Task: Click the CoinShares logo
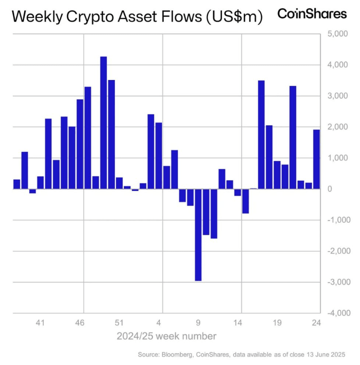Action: coord(312,14)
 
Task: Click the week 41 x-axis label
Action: coord(40,322)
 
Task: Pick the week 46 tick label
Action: coord(80,322)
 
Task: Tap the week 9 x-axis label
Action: coord(198,322)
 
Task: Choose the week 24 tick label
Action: coord(316,322)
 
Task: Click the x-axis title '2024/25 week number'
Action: coord(166,336)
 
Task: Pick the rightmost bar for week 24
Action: coord(316,159)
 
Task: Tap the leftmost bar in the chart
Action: coord(17,184)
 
